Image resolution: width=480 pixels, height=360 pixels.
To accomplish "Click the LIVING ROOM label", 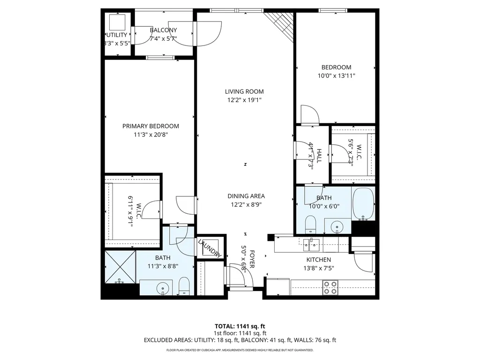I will [x=244, y=92].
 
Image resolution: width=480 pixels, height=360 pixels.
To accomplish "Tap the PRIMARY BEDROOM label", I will [x=150, y=126].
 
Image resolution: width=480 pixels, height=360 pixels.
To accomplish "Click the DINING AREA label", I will [x=246, y=196].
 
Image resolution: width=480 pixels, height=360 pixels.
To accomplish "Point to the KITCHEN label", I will [x=319, y=260].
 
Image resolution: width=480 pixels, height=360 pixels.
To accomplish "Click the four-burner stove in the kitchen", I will [x=330, y=287].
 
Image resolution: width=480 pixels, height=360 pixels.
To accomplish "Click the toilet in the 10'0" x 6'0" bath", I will [x=311, y=224].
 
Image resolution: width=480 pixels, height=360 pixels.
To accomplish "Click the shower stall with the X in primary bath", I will [x=120, y=267].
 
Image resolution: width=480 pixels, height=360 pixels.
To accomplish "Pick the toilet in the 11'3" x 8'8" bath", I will [x=184, y=285].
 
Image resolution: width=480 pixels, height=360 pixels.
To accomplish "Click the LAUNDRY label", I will [x=209, y=248].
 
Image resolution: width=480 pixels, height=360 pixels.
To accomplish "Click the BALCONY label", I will [x=163, y=30].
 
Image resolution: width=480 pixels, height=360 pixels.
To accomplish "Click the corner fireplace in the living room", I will [x=280, y=24].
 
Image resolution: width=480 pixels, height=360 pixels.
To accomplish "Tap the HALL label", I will [x=319, y=155].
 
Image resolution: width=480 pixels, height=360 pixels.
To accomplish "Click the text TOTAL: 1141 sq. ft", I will [x=240, y=326].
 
